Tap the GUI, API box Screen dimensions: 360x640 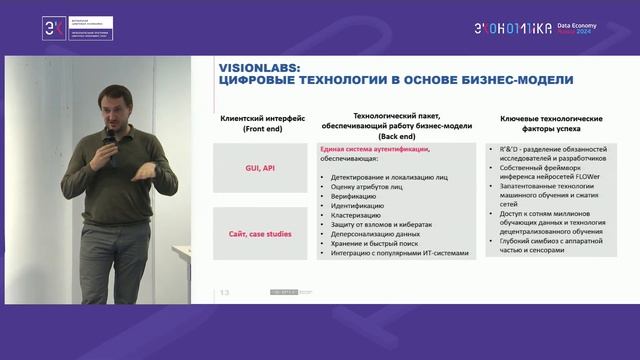point(252,168)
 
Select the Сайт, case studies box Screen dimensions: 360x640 point(252,232)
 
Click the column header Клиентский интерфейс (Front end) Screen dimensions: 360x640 point(252,124)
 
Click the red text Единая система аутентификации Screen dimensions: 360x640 point(373,149)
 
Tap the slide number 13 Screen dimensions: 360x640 point(224,293)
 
